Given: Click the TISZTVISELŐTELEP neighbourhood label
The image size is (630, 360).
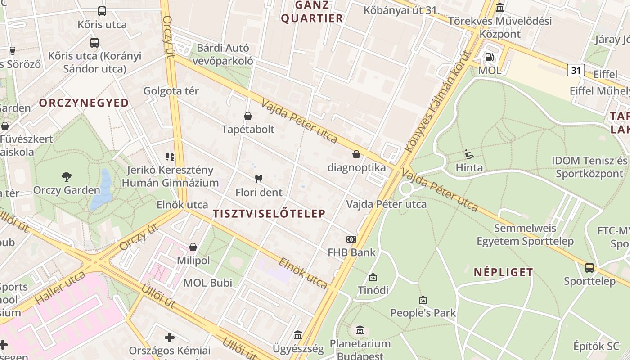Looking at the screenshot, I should coord(269,214).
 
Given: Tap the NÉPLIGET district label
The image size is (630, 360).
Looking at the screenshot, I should coord(504,272).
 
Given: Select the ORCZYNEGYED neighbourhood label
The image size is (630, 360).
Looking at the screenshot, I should coord(84,103).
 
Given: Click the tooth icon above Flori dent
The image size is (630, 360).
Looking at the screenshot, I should coord(258,179).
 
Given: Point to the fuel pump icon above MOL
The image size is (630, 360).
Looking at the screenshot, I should coord(489,57).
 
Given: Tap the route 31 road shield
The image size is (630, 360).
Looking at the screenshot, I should coord(576,70).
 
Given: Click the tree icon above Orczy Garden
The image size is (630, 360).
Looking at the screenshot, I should coord(67,176).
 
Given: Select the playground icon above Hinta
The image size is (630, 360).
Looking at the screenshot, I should coord(469,155).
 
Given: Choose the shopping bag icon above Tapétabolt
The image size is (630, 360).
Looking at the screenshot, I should coord(247,117).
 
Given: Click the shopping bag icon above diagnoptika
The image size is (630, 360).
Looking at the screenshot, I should coord(356,155).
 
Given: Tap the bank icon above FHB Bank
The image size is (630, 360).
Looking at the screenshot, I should coord(351,239).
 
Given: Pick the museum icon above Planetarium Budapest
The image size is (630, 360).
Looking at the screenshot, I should coord(360,331).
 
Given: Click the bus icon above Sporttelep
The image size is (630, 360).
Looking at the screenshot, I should coord(589,268).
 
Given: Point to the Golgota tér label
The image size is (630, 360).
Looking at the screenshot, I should coord(171,91).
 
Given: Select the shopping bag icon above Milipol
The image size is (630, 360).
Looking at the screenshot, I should coord(193,247).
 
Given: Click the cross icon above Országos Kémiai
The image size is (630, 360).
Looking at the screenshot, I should coord(170,337).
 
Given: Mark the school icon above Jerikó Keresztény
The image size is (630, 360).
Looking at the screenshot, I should coord(170,157).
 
